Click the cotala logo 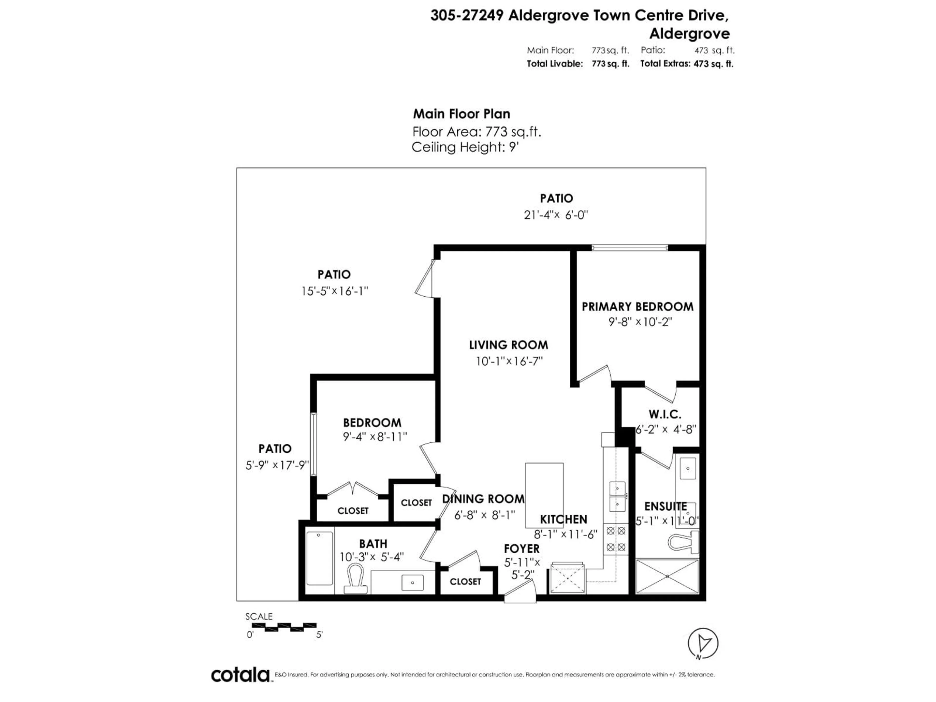click(240, 675)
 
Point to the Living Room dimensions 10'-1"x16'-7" click(509, 361)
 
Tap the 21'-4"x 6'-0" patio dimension click(556, 215)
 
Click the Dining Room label click(483, 499)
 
